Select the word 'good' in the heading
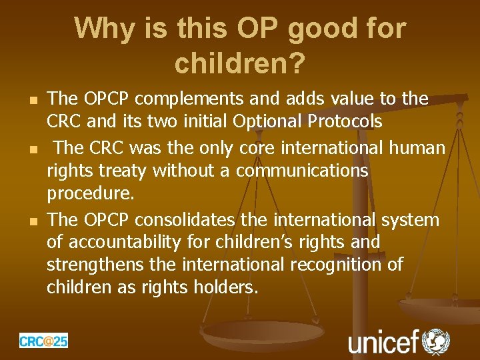pos(313,29)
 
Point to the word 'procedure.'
pos(91,195)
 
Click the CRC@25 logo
pos(43,341)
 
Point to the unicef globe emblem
pos(437,341)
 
